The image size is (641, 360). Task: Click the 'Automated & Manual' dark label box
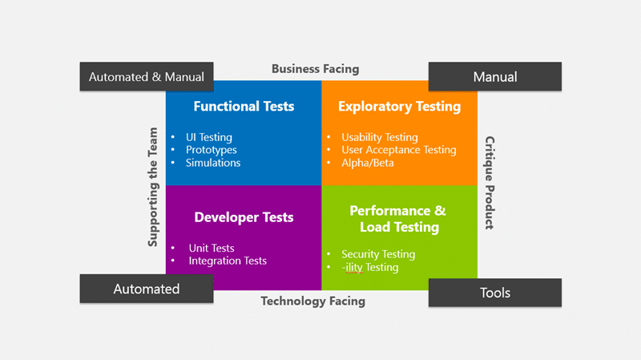click(147, 76)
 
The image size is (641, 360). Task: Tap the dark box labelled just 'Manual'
click(495, 76)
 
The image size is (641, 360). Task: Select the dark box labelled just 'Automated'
click(147, 289)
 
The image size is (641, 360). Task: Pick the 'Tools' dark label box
click(495, 293)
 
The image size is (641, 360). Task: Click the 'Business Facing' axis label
click(315, 69)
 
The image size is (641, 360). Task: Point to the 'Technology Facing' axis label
click(313, 301)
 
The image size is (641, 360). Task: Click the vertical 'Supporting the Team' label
click(153, 187)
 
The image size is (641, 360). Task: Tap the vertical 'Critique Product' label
click(490, 183)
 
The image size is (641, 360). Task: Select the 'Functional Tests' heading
click(244, 107)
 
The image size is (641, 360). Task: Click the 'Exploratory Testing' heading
click(399, 107)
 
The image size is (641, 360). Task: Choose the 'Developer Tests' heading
click(244, 217)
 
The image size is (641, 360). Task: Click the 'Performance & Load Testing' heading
click(398, 219)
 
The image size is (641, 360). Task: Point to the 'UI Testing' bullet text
click(209, 137)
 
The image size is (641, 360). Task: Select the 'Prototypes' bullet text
click(212, 150)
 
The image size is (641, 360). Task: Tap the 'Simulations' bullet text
click(213, 163)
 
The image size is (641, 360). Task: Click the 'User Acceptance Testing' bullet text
click(399, 150)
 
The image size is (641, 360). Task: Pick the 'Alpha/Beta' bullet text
click(368, 163)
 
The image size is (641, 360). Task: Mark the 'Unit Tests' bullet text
click(212, 248)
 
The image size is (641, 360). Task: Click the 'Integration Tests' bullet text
click(228, 261)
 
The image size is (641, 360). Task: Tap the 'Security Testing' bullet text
click(378, 254)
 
